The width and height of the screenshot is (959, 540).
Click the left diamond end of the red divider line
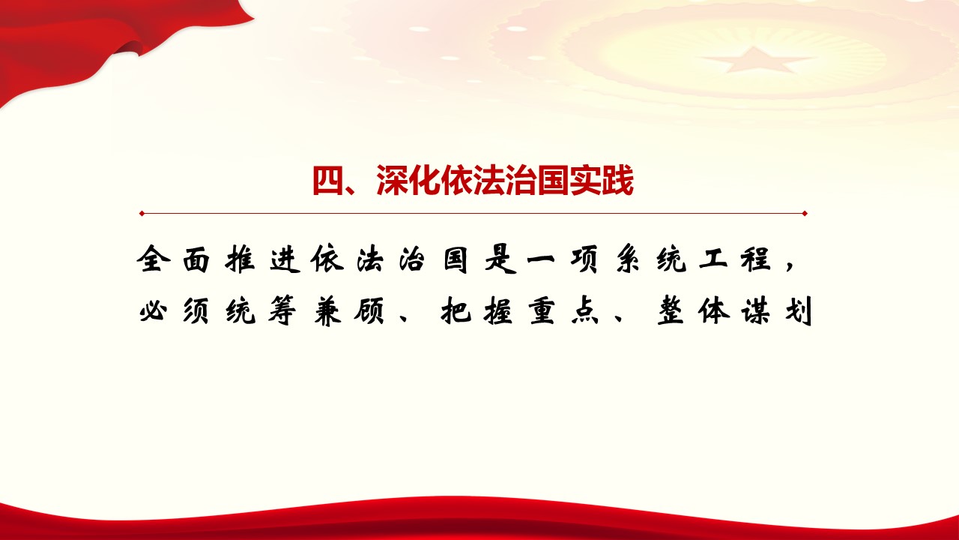pos(142,214)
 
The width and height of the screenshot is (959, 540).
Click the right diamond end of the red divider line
pos(805,214)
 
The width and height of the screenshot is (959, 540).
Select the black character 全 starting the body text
pos(154,259)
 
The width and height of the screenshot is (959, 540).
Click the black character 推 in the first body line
pos(240,259)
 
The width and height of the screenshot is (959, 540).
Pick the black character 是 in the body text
pos(500,259)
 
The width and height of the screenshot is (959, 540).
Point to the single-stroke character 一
pos(542,259)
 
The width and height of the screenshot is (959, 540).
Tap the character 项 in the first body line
pos(585,259)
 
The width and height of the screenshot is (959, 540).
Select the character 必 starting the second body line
pos(154,310)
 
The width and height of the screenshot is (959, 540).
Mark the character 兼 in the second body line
pos(327,310)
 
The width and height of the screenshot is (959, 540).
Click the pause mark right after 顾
pos(404,318)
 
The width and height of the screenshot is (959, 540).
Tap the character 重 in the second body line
pos(542,310)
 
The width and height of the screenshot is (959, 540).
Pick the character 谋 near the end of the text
pos(757,310)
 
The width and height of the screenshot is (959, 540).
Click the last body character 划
pos(799,310)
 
